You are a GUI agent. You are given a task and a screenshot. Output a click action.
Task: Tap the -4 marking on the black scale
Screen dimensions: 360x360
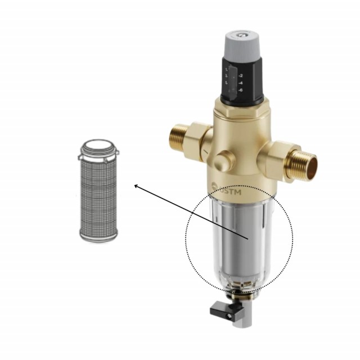tap(241, 82)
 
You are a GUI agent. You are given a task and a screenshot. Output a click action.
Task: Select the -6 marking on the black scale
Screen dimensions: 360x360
tap(241, 89)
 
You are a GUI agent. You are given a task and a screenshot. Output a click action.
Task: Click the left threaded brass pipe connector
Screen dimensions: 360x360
tap(179, 138)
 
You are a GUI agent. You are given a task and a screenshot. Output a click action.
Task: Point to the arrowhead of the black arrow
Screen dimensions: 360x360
tap(135, 184)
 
